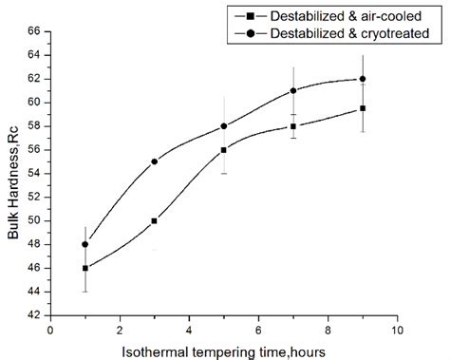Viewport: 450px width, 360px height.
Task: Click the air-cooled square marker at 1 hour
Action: tap(85, 268)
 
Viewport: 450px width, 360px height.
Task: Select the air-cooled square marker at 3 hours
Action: tap(154, 220)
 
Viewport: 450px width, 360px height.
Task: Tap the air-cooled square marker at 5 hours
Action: tap(223, 150)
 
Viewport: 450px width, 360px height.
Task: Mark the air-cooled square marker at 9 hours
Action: tap(363, 108)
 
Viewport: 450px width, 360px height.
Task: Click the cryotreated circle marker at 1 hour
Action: tap(85, 244)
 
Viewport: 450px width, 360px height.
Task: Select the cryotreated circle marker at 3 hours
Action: tap(154, 161)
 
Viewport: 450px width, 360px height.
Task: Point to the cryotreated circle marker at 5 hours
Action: tap(223, 126)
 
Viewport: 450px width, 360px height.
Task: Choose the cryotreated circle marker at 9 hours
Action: tap(363, 79)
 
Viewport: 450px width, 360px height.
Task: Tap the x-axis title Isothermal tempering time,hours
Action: tap(224, 351)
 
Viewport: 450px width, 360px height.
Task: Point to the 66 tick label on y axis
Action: tap(31, 31)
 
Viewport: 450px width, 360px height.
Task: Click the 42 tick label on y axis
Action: tap(31, 315)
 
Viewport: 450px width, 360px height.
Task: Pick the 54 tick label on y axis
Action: tap(31, 173)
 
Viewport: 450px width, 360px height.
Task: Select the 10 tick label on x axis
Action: tap(397, 330)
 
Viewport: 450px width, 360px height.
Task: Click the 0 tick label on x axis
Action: tap(50, 330)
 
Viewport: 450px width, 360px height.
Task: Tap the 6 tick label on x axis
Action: tap(258, 330)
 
